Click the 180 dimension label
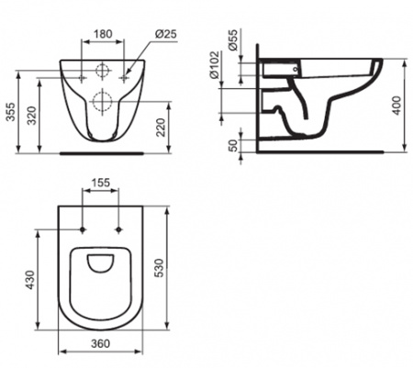tap(103, 34)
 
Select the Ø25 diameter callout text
tap(165, 34)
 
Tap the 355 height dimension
tap(11, 112)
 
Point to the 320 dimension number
tap(32, 116)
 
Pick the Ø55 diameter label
tap(232, 39)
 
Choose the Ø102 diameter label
tap(215, 64)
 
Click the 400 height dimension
tap(396, 106)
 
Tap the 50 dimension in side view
tap(233, 145)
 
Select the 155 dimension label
tap(101, 183)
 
